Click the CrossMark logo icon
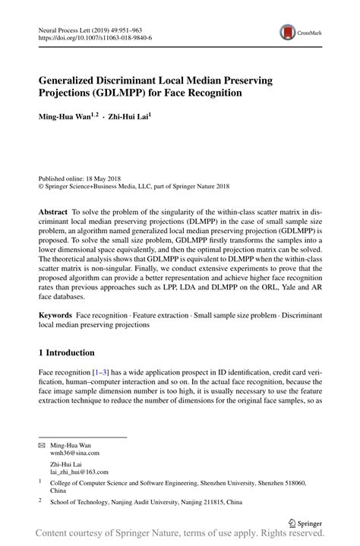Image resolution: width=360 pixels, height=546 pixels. pyautogui.click(x=288, y=32)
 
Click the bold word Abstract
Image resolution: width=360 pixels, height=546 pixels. pyautogui.click(x=54, y=214)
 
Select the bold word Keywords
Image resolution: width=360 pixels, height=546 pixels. pyautogui.click(x=55, y=314)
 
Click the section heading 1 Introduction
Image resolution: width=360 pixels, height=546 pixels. pyautogui.click(x=66, y=352)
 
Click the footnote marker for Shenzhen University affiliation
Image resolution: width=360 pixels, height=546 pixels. pyautogui.click(x=39, y=481)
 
